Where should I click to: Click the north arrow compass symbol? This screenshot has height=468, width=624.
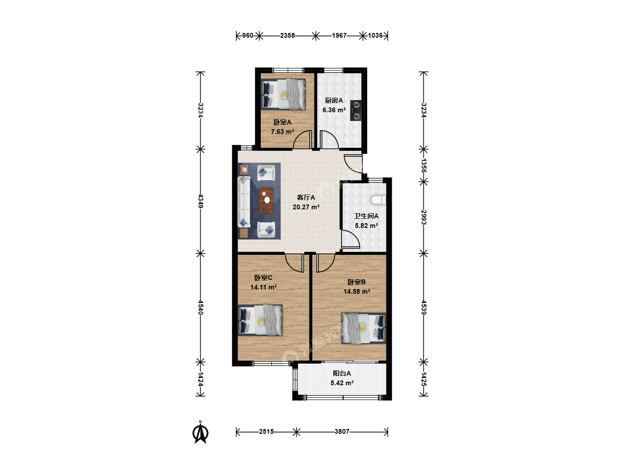click(201, 432)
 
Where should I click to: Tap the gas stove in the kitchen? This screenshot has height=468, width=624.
click(356, 110)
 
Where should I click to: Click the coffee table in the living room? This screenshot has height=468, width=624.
click(266, 201)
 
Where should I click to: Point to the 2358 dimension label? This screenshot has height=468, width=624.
click(287, 36)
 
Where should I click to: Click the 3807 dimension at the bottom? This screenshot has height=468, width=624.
click(342, 432)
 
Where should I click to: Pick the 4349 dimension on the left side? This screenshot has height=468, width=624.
click(201, 201)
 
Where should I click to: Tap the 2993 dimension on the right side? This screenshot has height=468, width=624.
click(423, 218)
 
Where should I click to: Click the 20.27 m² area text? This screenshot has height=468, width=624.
click(306, 207)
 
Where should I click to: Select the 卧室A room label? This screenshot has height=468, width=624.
click(282, 122)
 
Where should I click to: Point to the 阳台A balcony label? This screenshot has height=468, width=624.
click(342, 374)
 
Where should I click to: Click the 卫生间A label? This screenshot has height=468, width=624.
click(366, 216)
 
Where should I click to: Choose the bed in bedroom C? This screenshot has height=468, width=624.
click(260, 320)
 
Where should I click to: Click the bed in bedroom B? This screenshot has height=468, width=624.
click(364, 328)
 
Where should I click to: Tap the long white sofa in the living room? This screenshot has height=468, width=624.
click(244, 201)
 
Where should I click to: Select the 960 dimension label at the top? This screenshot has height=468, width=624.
click(247, 36)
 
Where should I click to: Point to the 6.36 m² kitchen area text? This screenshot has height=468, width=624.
click(334, 110)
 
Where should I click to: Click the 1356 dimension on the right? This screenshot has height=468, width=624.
click(423, 166)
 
